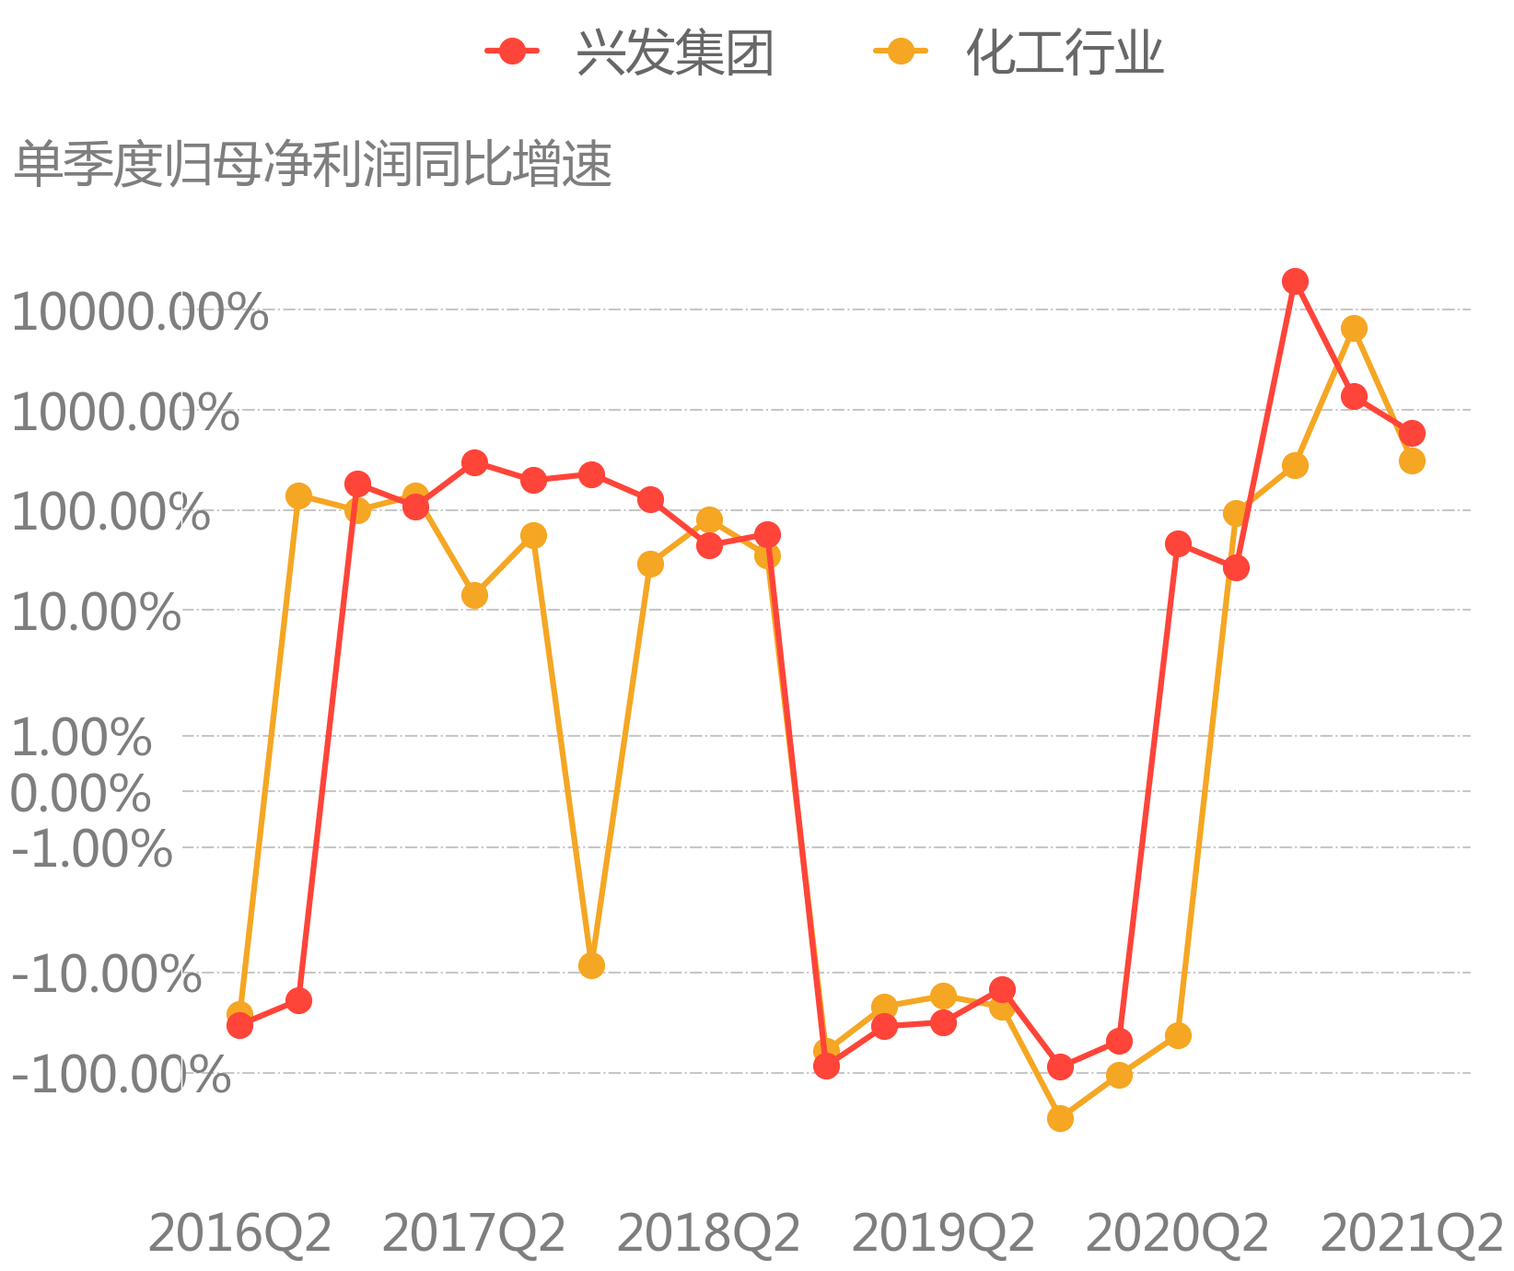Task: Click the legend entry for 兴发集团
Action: [630, 52]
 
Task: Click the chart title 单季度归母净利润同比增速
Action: [313, 165]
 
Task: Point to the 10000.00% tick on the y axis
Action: [139, 312]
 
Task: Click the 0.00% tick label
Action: [81, 793]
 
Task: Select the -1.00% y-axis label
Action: [91, 848]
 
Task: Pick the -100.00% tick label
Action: [121, 1075]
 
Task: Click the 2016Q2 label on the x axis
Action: [239, 1233]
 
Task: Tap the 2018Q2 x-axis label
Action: [709, 1233]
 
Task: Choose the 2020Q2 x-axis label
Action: [1178, 1233]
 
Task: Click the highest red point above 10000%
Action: [1295, 282]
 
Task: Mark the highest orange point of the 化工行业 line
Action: [1354, 329]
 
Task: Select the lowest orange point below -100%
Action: [1060, 1118]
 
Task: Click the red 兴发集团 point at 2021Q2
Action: [1412, 433]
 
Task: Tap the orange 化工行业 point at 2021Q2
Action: [1412, 461]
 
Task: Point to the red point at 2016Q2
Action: [239, 1025]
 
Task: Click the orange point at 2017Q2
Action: [474, 596]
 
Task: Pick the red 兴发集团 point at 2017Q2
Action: [474, 462]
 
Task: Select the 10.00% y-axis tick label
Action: [96, 612]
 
